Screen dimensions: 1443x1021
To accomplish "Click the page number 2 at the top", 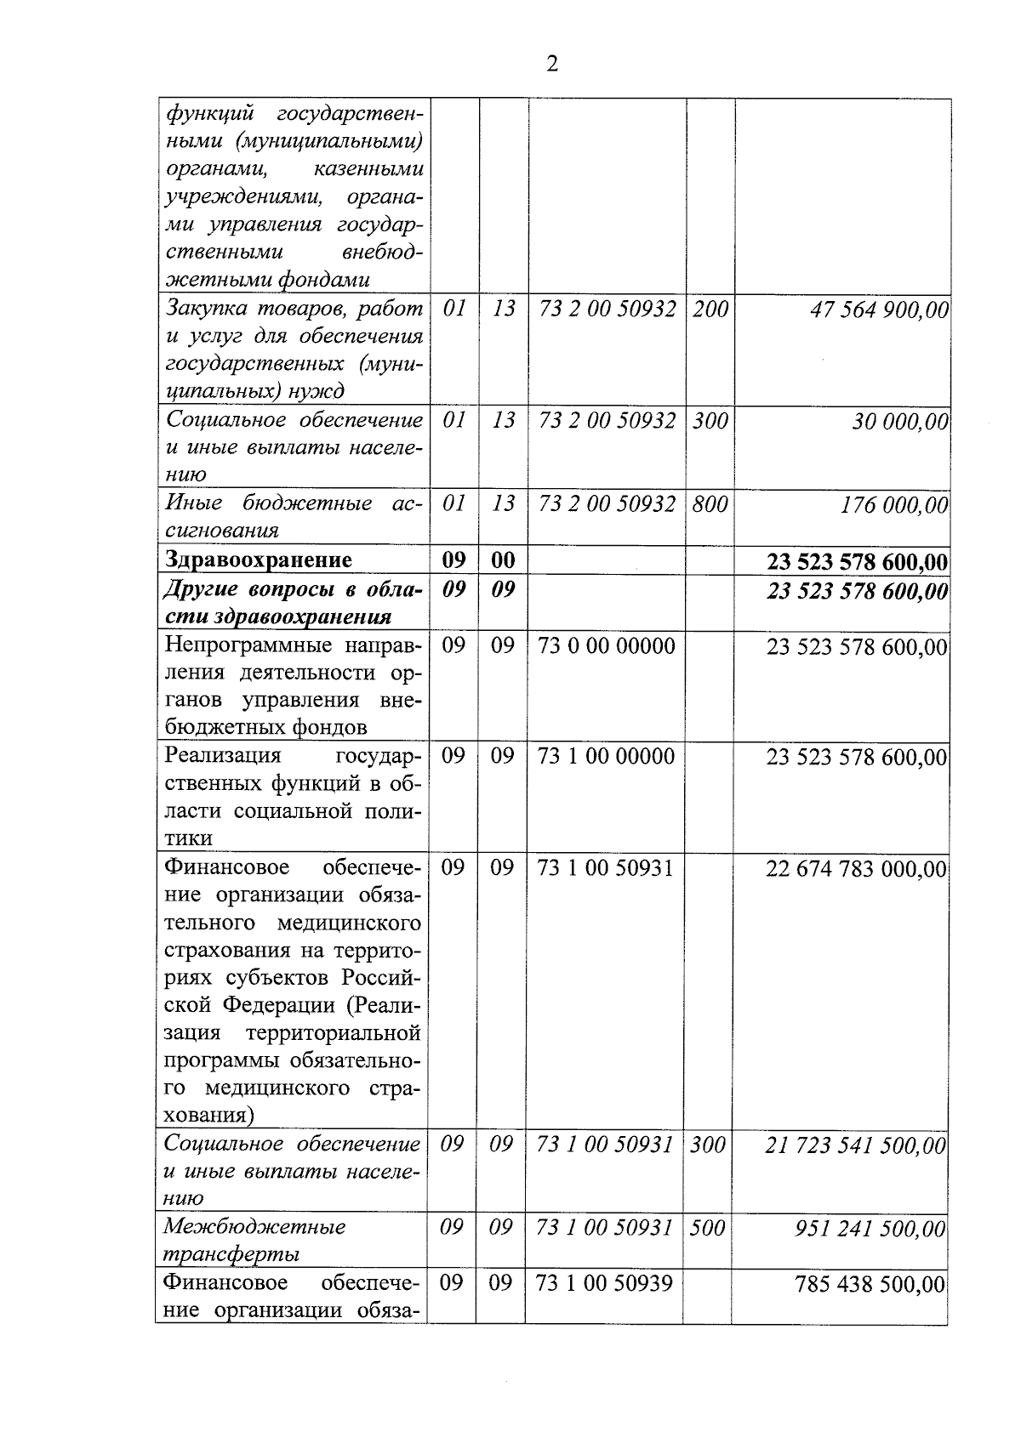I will pos(552,65).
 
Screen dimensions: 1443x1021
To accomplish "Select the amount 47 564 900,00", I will pos(879,310).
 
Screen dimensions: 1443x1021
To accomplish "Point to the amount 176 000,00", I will pos(893,505).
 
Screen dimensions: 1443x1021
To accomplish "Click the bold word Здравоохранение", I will pos(259,560).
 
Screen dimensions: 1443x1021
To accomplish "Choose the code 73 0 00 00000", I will pos(607,646).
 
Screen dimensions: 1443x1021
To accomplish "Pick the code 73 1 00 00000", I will pos(606,757).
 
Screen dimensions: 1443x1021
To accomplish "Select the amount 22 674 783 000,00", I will pos(856,869).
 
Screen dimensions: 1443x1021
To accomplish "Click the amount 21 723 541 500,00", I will pos(855,1146).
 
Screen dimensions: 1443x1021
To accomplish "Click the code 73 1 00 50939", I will pos(605,1283).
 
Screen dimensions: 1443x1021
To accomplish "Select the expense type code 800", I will pos(710,504).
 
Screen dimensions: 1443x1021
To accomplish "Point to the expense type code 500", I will pos(707,1228).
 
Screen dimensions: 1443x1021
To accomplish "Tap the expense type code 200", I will pos(710,309).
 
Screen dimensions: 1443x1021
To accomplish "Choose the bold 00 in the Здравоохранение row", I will pos(504,560).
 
